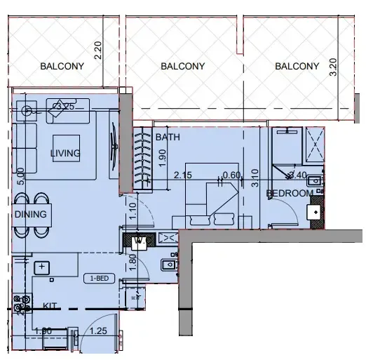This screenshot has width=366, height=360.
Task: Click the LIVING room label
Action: click(x=65, y=153)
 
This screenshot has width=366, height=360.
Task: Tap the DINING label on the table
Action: click(x=30, y=215)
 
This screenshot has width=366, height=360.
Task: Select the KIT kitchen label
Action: click(x=50, y=306)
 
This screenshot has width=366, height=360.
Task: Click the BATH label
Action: click(x=168, y=136)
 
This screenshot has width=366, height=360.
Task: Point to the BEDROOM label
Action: click(x=289, y=193)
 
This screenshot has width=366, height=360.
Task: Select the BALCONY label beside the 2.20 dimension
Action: click(x=62, y=67)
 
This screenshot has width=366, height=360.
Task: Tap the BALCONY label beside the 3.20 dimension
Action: click(x=297, y=67)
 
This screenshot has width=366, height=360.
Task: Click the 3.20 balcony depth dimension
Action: click(x=333, y=67)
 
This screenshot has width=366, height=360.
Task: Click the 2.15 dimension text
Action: click(x=183, y=175)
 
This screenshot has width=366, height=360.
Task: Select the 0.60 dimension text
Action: click(x=231, y=175)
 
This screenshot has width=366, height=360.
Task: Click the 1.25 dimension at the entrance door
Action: click(x=99, y=330)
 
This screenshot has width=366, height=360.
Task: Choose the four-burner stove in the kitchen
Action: click(x=22, y=304)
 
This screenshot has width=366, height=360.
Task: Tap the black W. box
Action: click(x=139, y=241)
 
